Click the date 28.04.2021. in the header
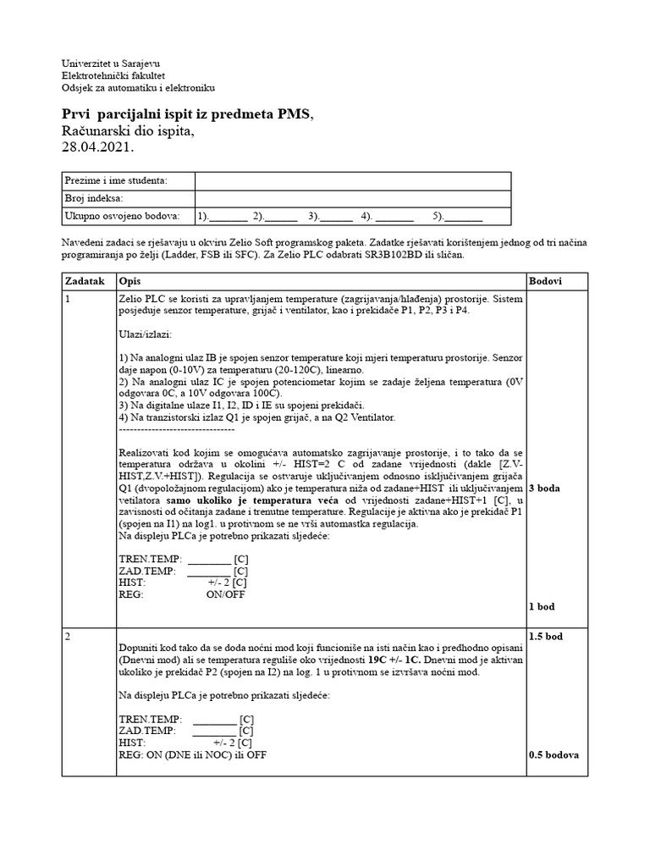98,146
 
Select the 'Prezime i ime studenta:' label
116,180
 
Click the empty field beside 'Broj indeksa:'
352,198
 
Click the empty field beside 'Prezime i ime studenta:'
352,180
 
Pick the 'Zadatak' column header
85,280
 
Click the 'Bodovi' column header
545,280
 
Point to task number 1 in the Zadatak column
69,300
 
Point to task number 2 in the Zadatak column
69,635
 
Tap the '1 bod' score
543,607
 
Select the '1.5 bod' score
546,635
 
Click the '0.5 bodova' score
554,754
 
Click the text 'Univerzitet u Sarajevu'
111,64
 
